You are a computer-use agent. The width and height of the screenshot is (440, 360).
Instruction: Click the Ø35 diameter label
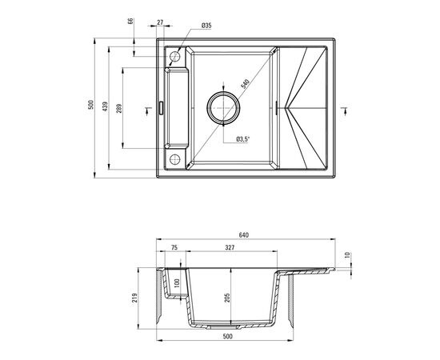tap(206, 26)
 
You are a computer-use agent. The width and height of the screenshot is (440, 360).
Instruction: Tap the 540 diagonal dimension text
tap(245, 84)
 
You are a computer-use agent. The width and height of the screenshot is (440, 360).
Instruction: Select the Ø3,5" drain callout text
tap(243, 138)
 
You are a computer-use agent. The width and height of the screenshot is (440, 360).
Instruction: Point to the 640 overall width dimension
tap(244, 235)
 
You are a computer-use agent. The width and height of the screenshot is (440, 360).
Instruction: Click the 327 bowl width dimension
tap(230, 247)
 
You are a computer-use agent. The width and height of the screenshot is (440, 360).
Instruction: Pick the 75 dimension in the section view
tap(174, 247)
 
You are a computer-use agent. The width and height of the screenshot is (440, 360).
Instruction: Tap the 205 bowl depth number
tap(227, 298)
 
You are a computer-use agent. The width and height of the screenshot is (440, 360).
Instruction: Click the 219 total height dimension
tap(135, 298)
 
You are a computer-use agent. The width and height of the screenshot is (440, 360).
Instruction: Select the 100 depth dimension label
tap(177, 283)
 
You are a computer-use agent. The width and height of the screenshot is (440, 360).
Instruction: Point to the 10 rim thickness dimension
tap(347, 255)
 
